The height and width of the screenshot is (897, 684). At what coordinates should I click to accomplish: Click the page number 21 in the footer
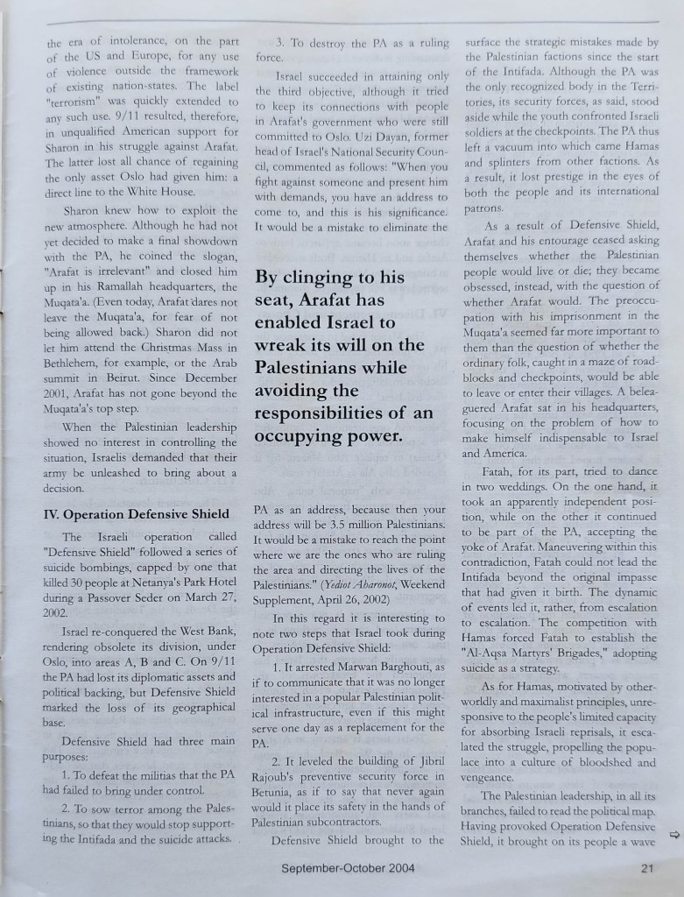[x=646, y=869]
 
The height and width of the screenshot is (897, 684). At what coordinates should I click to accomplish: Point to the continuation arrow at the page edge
[x=673, y=834]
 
